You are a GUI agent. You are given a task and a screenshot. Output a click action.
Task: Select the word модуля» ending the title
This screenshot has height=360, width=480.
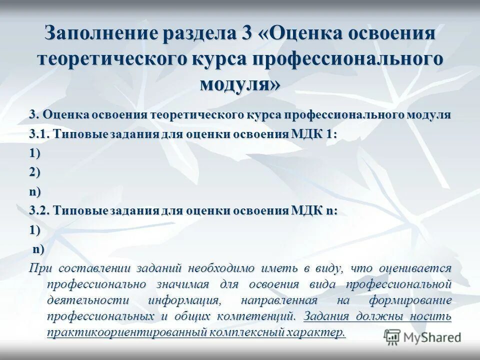pyautogui.click(x=240, y=83)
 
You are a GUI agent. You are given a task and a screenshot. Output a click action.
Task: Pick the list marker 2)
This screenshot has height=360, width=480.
pyautogui.click(x=35, y=172)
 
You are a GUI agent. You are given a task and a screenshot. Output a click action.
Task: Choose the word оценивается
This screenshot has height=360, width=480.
pyautogui.click(x=415, y=268)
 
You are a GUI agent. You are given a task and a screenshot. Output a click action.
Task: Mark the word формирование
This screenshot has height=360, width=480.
pyautogui.click(x=410, y=301)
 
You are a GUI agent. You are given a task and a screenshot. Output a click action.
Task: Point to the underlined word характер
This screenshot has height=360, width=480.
pyautogui.click(x=312, y=333)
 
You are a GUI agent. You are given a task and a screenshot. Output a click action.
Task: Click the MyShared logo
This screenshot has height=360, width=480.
pyautogui.click(x=422, y=337)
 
